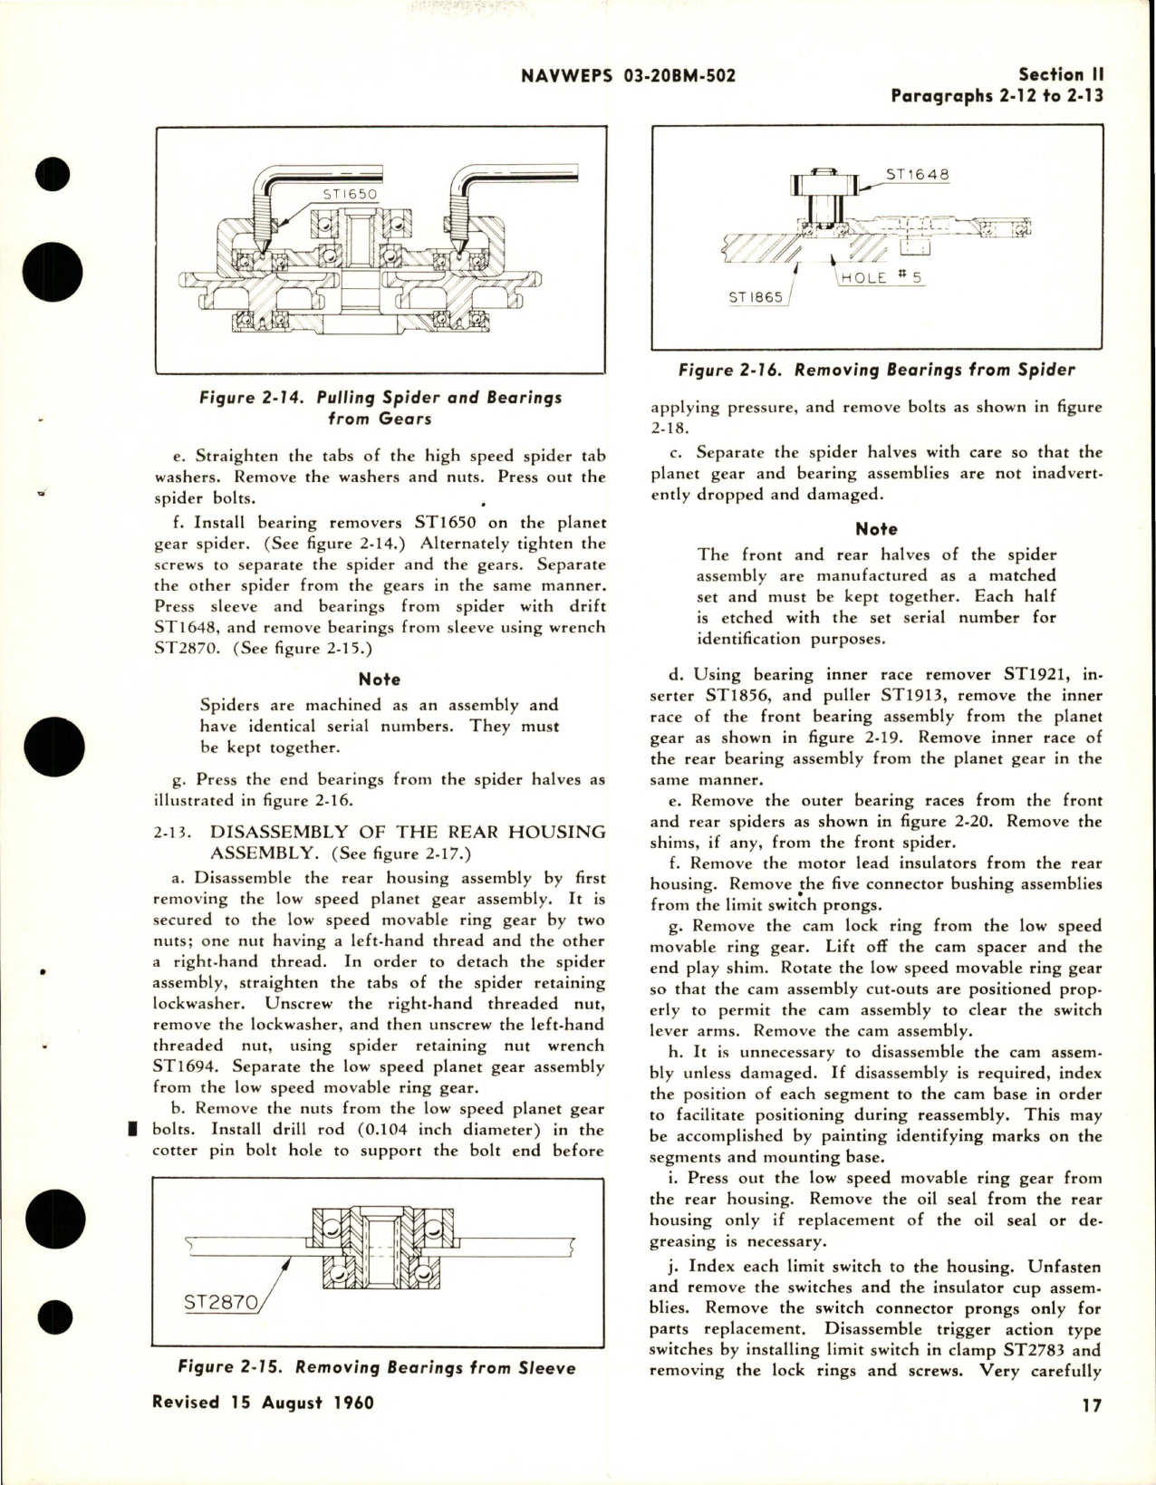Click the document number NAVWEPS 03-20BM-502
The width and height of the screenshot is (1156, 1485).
point(629,76)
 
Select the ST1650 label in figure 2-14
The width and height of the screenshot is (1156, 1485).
point(349,194)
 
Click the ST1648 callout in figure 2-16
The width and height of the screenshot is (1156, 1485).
point(916,174)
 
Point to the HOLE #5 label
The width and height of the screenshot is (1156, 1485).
point(880,277)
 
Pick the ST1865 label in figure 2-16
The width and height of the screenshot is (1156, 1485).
point(756,296)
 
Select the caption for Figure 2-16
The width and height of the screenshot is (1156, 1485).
point(876,370)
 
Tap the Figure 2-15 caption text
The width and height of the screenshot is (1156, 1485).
point(376,1367)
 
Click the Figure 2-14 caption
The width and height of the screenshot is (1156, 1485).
point(381,408)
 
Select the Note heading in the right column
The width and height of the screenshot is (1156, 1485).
point(876,529)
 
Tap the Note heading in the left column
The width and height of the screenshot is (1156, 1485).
point(379,679)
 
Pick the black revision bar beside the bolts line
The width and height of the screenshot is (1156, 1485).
point(132,1129)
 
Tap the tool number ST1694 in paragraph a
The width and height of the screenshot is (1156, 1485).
point(183,1066)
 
